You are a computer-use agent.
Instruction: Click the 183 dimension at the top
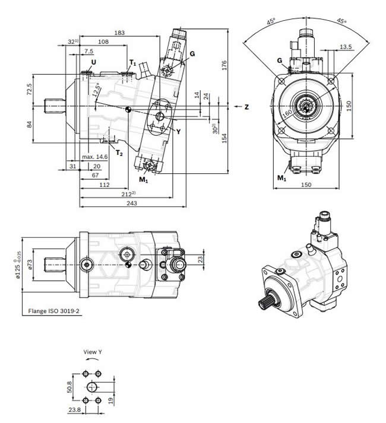tap(119, 33)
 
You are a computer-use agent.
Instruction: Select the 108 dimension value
tap(102, 42)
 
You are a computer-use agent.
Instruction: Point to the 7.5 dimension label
tap(88, 52)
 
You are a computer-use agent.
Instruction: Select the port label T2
tap(119, 153)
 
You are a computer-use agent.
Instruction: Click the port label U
tap(93, 62)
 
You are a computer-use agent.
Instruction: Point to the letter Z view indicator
tap(245, 107)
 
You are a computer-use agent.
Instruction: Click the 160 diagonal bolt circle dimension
tap(287, 113)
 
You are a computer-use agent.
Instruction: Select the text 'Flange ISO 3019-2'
tap(53, 310)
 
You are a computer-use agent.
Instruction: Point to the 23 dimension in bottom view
tap(200, 259)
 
